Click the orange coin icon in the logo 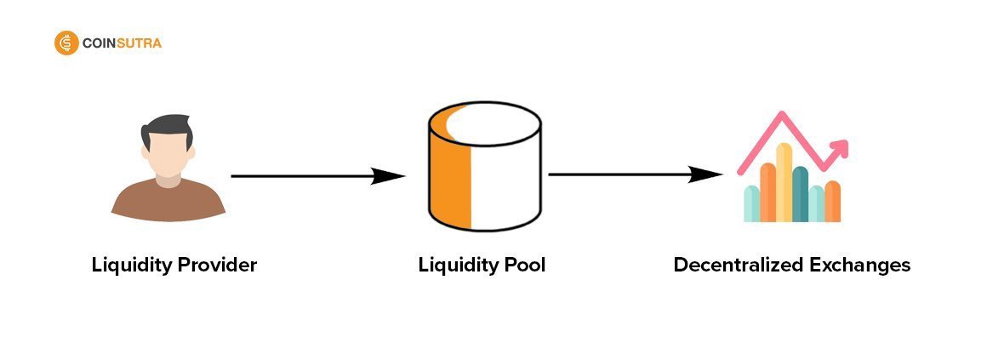[66, 43]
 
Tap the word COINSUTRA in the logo [122, 43]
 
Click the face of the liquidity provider [168, 157]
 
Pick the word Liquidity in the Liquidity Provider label [130, 266]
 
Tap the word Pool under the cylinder [522, 266]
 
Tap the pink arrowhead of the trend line [841, 149]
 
